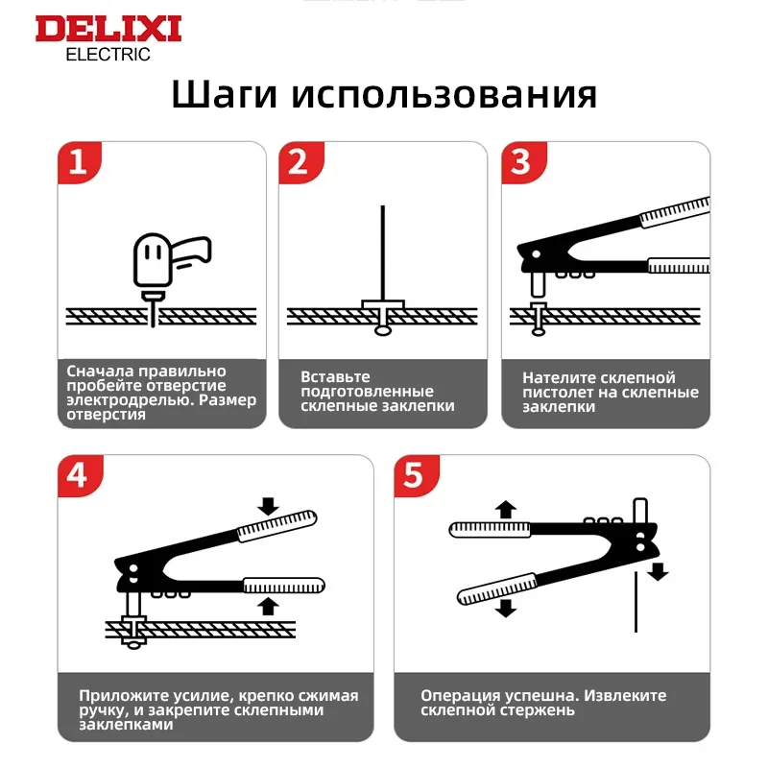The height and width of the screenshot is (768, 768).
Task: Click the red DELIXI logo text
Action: coord(108,29)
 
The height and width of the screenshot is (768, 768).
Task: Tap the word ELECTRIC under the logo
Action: coord(108,55)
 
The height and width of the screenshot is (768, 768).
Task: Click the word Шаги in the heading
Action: coord(224,94)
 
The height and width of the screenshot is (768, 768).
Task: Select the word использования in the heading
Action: coord(444,94)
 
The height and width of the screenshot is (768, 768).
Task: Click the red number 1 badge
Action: coord(80,162)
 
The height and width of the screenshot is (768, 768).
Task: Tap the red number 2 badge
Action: coord(300,162)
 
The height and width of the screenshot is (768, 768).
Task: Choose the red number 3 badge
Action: coord(523,162)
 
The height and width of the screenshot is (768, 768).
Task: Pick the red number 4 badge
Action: coord(80,475)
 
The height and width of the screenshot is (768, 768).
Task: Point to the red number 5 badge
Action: coord(417,475)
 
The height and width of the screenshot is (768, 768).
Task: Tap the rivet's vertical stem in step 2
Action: coord(383,252)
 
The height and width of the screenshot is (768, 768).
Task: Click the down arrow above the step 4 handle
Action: coord(268,507)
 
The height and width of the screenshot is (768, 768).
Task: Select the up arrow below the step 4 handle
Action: coord(268,606)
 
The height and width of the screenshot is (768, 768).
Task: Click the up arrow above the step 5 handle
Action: coord(506,510)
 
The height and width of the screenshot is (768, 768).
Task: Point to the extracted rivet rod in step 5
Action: coord(636,602)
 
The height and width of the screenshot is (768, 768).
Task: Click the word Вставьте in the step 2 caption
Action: coord(335,377)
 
